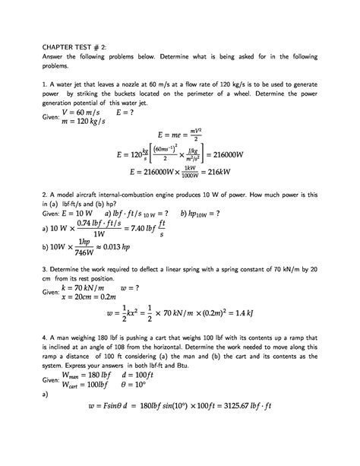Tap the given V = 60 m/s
tap(86, 110)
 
